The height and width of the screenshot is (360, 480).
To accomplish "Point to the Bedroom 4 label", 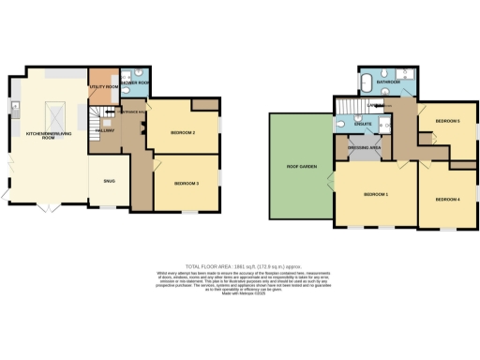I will [x=445, y=200].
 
